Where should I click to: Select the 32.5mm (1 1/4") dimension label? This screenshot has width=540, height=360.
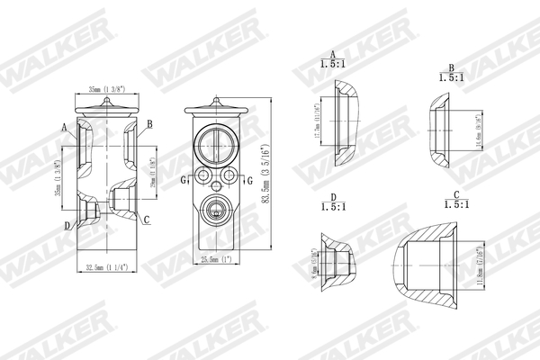[x=105, y=267]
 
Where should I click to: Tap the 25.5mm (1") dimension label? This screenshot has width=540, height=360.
[x=215, y=260]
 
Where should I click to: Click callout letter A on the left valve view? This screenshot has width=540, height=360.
[x=64, y=127]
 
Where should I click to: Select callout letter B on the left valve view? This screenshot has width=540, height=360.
[x=149, y=123]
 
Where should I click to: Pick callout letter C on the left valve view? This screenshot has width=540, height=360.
[x=147, y=220]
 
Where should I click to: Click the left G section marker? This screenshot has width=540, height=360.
[x=183, y=179]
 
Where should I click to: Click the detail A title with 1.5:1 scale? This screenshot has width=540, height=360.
[x=333, y=58]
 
